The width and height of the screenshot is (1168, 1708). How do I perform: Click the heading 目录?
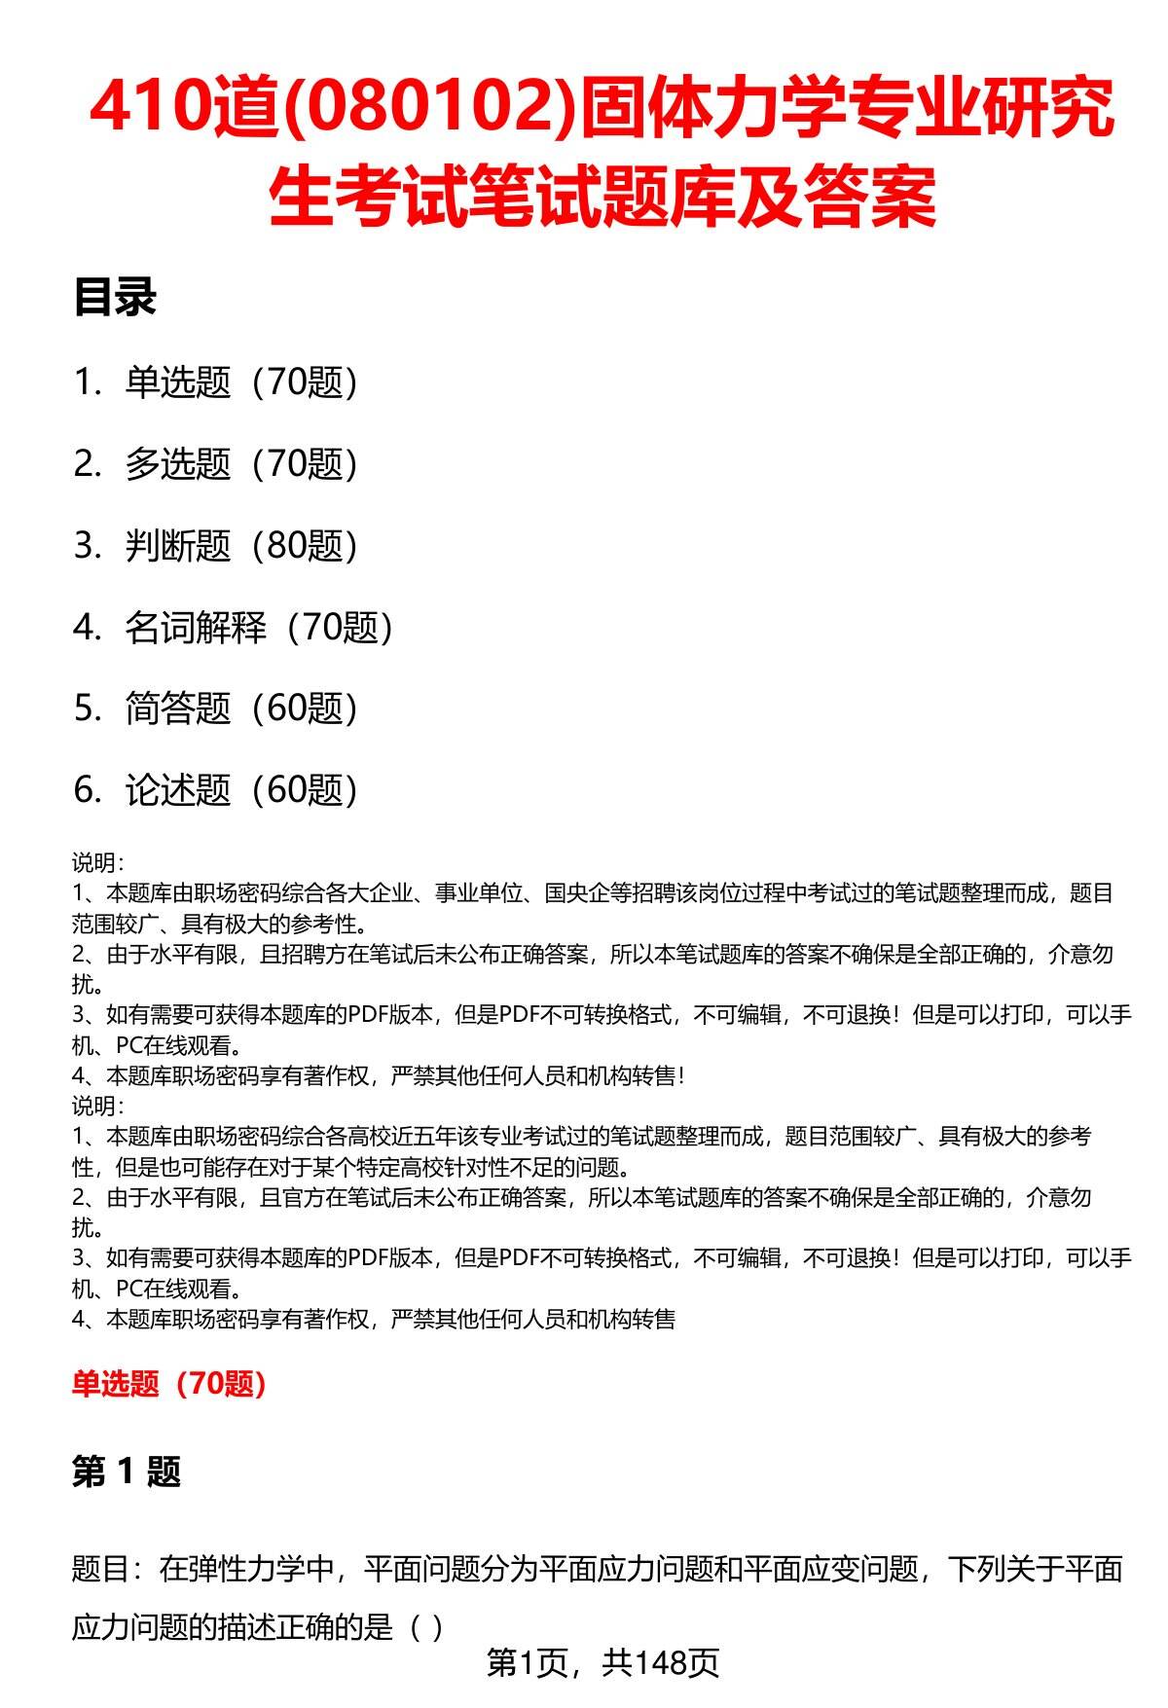pyautogui.click(x=114, y=298)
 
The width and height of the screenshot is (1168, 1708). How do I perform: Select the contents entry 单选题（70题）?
pyautogui.click(x=241, y=382)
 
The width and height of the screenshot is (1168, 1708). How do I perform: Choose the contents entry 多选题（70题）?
pyautogui.click(x=241, y=464)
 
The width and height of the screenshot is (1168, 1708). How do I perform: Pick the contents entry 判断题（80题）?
pyautogui.click(x=241, y=546)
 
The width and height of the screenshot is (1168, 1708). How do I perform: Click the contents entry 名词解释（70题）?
pyautogui.click(x=259, y=628)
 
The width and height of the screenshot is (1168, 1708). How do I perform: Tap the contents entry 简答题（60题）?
pyautogui.click(x=241, y=709)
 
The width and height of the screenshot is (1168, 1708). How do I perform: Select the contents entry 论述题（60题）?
pyautogui.click(x=241, y=790)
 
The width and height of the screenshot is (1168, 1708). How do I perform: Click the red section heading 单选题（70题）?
pyautogui.click(x=168, y=1383)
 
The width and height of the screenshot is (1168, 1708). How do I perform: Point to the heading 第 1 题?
pyautogui.click(x=127, y=1472)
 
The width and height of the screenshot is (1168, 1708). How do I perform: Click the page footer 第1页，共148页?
pyautogui.click(x=602, y=1663)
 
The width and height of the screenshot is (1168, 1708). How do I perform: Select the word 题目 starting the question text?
pyautogui.click(x=100, y=1569)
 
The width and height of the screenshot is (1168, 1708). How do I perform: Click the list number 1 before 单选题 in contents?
pyautogui.click(x=86, y=382)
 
